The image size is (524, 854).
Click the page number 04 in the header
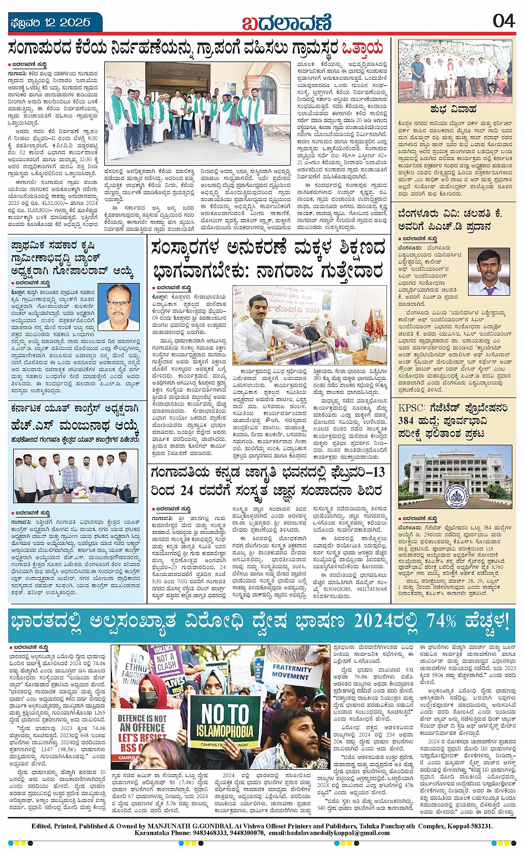coord(503,20)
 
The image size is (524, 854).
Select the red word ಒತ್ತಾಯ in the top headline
coord(362,48)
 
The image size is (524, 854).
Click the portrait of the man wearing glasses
coord(118,307)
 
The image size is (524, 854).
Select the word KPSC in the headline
coord(412,408)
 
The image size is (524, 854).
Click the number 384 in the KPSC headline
coord(410,420)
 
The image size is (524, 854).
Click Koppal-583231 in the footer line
coord(467,826)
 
